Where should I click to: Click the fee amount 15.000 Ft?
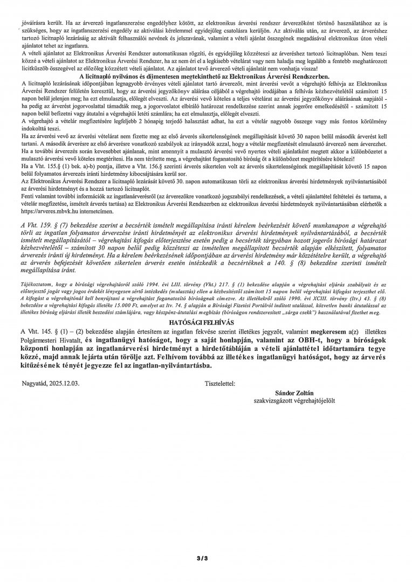point(138,304)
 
